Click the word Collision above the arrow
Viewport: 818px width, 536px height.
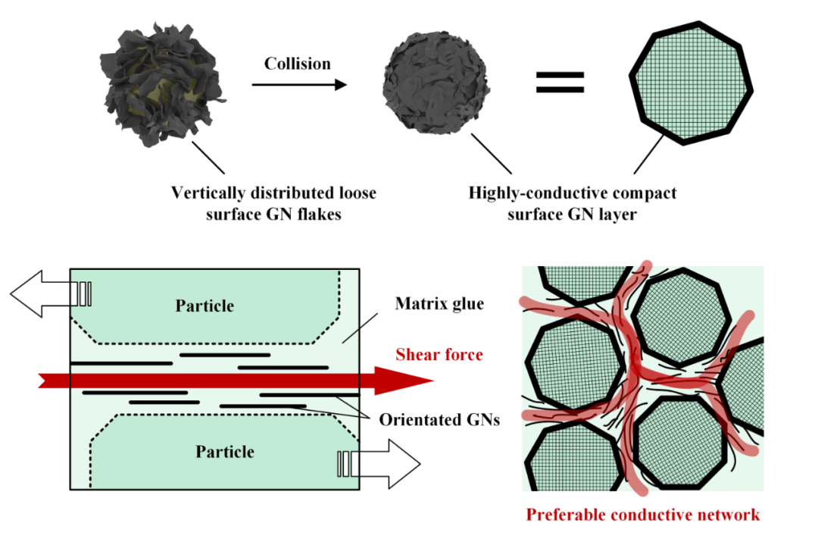pyautogui.click(x=297, y=64)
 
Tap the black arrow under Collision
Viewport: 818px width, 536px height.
pyautogui.click(x=298, y=85)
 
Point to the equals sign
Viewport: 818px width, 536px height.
pyautogui.click(x=560, y=83)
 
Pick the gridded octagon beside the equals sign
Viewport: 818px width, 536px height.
pyautogui.click(x=691, y=83)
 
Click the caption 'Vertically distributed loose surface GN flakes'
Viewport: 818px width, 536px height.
pyautogui.click(x=273, y=203)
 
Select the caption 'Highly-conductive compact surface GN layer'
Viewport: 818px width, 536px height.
pyautogui.click(x=572, y=203)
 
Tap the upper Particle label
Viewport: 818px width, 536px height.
pyautogui.click(x=204, y=306)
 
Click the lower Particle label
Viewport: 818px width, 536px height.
pyautogui.click(x=225, y=452)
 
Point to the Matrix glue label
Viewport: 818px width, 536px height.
pyautogui.click(x=439, y=305)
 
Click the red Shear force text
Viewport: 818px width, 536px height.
pyautogui.click(x=439, y=354)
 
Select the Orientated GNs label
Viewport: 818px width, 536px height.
pyautogui.click(x=439, y=419)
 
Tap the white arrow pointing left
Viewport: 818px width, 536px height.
pyautogui.click(x=42, y=293)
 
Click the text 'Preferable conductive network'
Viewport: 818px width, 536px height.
pyautogui.click(x=642, y=515)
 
